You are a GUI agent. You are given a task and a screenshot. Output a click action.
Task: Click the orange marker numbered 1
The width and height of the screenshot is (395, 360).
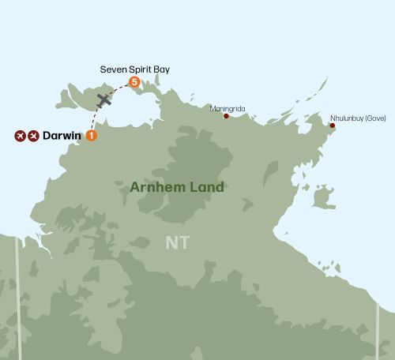coord(92,136)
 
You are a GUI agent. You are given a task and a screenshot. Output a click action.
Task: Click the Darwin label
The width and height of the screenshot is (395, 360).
coord(63,136)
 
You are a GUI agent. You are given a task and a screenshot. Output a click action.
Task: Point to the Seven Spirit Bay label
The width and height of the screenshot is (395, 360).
coord(134,69)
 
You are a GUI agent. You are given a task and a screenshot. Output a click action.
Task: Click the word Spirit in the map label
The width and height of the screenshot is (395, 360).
coord(137,69)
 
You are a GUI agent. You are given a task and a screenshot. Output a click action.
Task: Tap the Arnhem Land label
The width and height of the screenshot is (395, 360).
coord(176,187)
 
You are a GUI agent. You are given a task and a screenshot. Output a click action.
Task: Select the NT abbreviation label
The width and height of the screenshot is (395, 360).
coord(177,242)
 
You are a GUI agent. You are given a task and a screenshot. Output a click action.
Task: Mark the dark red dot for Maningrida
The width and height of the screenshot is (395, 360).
coord(227,117)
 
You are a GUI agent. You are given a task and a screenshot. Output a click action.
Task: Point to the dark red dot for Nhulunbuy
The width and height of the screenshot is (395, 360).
coord(332,126)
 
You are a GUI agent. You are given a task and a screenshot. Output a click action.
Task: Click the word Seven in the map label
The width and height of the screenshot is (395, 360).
coord(112,69)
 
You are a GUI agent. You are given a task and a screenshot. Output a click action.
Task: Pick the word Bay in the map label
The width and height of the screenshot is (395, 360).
coord(161,69)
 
